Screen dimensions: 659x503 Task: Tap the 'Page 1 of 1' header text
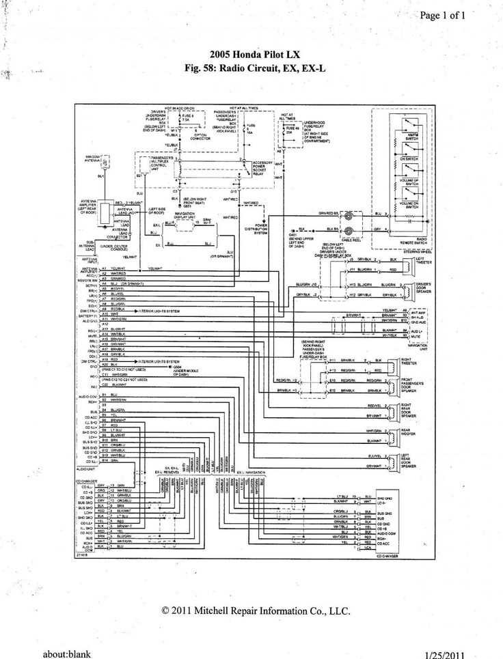(x=442, y=15)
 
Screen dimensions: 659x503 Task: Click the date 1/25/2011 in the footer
(x=448, y=654)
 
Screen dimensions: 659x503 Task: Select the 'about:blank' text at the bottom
(x=66, y=654)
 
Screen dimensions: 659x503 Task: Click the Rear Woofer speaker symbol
(x=394, y=434)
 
